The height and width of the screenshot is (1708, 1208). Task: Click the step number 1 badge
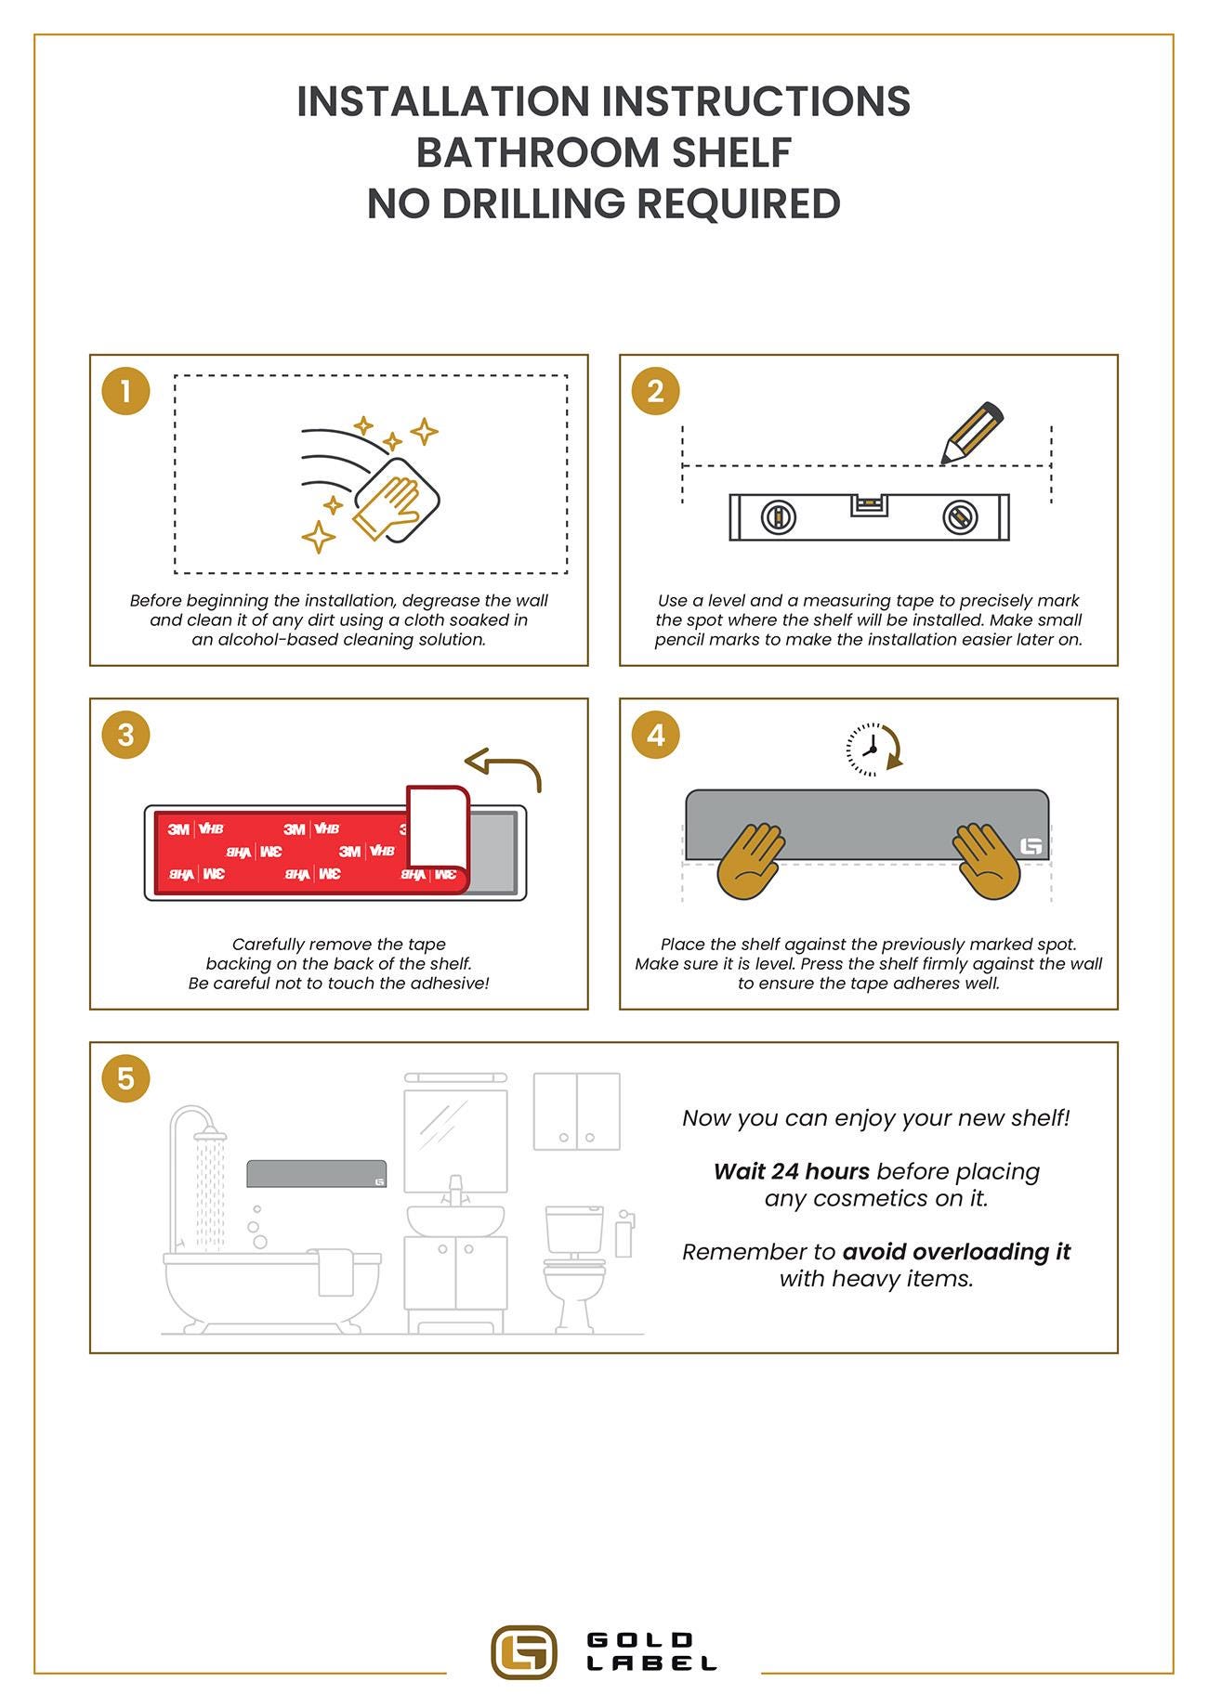click(125, 391)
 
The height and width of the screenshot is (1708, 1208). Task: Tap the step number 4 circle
click(655, 735)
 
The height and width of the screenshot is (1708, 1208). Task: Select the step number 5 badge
click(125, 1078)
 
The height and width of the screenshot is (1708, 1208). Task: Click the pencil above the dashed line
click(971, 433)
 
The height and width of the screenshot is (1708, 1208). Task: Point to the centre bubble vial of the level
click(869, 505)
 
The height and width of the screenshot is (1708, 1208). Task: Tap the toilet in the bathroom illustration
click(574, 1268)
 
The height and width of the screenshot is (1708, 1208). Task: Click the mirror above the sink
click(455, 1141)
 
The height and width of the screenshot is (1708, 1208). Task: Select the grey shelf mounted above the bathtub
click(317, 1174)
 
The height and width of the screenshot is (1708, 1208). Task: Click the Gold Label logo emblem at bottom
click(524, 1652)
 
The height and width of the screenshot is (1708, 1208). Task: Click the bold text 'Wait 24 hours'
click(792, 1171)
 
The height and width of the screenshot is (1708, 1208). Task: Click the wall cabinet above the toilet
click(577, 1111)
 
